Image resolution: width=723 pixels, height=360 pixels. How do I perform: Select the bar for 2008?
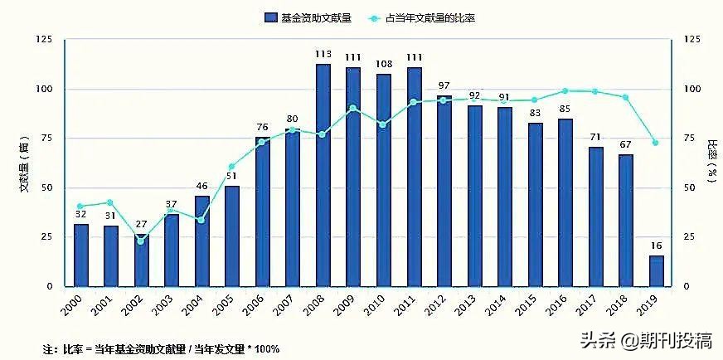point(323,175)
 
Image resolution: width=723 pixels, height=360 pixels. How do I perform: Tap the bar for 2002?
point(141,261)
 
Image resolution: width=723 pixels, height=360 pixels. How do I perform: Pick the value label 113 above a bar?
point(323,55)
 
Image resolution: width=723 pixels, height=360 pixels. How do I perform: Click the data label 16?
point(656,246)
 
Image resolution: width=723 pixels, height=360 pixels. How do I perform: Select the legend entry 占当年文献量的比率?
point(429,17)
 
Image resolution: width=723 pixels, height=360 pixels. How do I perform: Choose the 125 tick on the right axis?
point(691,39)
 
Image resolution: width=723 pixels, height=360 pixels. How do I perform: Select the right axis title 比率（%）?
point(711,162)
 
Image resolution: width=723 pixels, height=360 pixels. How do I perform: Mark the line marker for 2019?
point(656,143)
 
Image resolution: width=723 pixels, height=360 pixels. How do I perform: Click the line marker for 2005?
point(231,167)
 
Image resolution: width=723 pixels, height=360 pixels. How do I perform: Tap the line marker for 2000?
point(80,207)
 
